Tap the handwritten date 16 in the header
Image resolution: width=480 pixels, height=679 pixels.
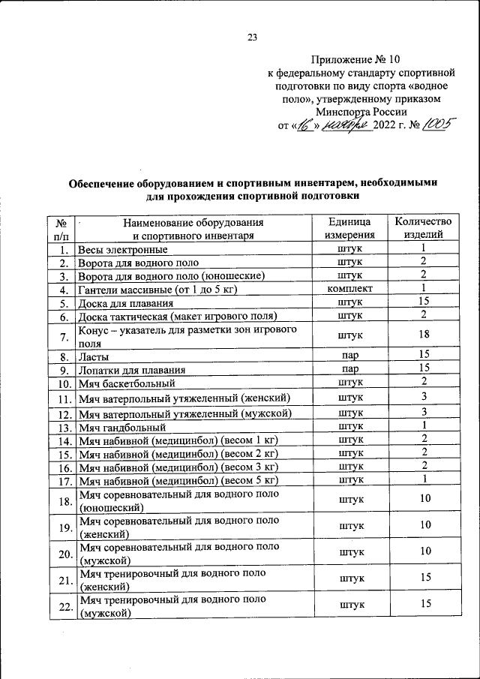[x=307, y=124]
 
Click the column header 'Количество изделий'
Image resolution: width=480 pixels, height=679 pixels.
[x=424, y=228]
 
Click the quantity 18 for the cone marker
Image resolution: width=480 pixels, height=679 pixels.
[x=424, y=336]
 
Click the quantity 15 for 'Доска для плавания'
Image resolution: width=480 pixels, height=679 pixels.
[x=424, y=302]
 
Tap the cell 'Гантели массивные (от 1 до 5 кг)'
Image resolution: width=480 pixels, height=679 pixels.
[x=157, y=290]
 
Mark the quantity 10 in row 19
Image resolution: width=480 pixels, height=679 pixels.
[x=424, y=526]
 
